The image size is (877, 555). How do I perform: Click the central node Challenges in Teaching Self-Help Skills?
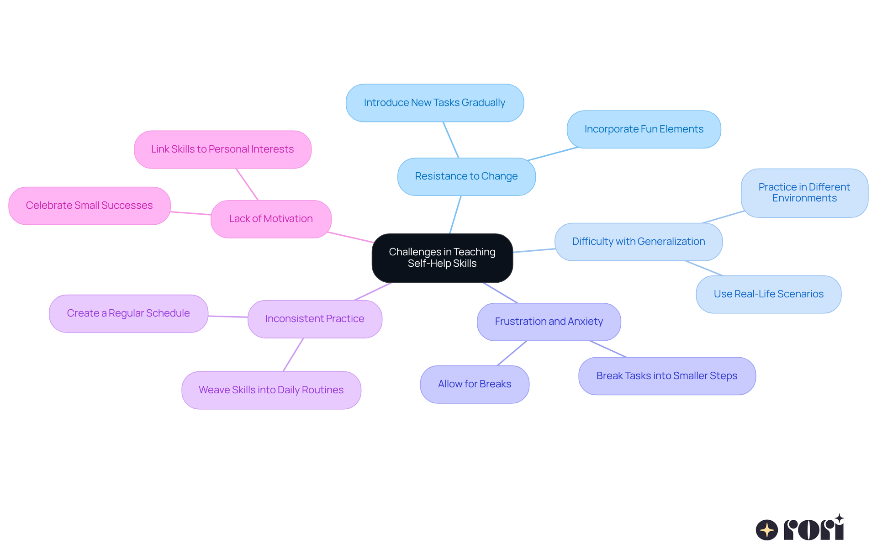(x=442, y=258)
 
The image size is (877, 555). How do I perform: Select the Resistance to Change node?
(x=466, y=176)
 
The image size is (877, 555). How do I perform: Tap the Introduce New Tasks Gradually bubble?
(x=434, y=103)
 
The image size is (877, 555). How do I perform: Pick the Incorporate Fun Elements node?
(x=644, y=129)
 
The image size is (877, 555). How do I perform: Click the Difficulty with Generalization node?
(x=638, y=242)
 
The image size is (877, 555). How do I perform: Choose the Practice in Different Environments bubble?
(x=804, y=193)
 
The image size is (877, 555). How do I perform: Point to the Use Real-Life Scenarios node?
(x=768, y=294)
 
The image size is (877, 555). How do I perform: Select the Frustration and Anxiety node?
(x=549, y=322)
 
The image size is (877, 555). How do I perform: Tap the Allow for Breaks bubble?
(x=474, y=384)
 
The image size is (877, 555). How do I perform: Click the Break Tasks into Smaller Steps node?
(x=666, y=376)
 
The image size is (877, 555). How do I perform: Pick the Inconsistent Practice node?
(x=315, y=319)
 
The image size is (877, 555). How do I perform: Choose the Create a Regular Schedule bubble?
(x=128, y=313)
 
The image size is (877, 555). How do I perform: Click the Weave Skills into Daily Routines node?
(x=271, y=390)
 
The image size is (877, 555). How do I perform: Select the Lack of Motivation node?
(x=271, y=219)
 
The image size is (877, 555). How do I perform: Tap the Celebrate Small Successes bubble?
(x=89, y=206)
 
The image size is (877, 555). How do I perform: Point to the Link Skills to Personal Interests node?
(x=222, y=149)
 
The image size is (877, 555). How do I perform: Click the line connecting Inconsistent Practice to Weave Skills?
(x=293, y=354)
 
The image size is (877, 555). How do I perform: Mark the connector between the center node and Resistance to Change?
(x=455, y=215)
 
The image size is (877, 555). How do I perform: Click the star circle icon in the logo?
(x=766, y=530)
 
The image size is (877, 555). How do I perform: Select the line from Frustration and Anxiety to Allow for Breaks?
(x=512, y=353)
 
